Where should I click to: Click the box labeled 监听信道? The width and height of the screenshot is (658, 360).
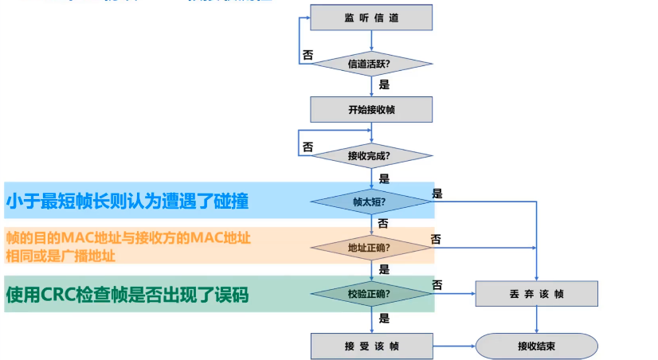[371, 18]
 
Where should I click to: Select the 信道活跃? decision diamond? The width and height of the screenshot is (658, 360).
[371, 63]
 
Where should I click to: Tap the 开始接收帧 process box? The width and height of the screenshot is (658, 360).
[371, 109]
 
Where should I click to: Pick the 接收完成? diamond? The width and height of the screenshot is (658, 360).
[371, 155]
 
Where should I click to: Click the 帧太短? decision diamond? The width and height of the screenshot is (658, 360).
[371, 202]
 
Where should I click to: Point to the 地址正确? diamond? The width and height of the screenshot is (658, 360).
[371, 248]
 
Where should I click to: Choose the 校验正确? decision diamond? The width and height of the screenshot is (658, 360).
[371, 294]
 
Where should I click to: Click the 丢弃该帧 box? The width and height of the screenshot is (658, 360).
[536, 294]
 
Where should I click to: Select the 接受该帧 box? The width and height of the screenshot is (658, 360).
[371, 346]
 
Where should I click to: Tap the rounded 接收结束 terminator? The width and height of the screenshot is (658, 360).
[536, 346]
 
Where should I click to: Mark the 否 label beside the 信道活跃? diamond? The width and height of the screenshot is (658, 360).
[307, 56]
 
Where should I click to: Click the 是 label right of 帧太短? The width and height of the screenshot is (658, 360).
[437, 194]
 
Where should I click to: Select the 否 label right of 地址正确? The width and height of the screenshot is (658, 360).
[437, 239]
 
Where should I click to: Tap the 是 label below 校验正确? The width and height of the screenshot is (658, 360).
[384, 319]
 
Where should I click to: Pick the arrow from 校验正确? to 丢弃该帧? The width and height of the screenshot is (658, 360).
[453, 294]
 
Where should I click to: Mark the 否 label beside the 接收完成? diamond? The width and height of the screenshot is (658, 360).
[307, 147]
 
